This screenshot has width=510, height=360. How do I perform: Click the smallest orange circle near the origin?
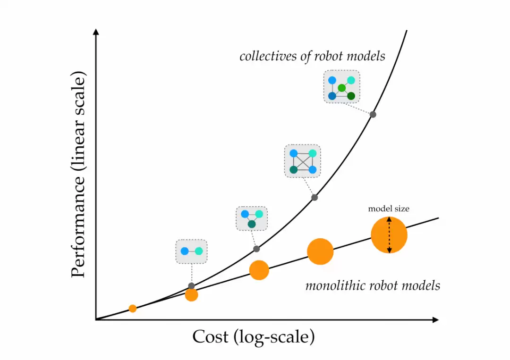[x=133, y=309]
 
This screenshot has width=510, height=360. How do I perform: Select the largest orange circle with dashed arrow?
[x=389, y=235]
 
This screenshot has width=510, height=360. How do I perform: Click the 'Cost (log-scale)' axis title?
[x=253, y=337]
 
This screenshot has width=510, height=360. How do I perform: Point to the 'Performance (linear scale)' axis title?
[x=80, y=175]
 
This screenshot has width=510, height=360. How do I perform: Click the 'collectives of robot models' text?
[x=312, y=57]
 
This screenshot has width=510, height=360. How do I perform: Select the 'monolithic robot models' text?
[x=373, y=285]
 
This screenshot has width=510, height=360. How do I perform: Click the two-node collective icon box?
[x=191, y=251]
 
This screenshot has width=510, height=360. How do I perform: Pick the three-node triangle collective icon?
[x=252, y=218]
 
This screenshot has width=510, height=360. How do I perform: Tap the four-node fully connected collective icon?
[x=302, y=161]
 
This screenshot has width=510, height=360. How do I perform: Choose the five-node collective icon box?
[x=341, y=87]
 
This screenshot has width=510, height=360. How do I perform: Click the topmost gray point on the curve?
[x=373, y=114]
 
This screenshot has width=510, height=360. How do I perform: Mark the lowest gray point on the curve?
[x=191, y=286]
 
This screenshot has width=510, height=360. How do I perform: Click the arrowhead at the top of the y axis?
[x=96, y=32]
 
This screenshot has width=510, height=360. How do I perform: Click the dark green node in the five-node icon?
[x=351, y=96]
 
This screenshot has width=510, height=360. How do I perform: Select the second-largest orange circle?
[x=320, y=251]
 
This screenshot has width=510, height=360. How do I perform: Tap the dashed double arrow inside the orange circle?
[x=389, y=235]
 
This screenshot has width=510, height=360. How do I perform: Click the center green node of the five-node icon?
[x=342, y=88]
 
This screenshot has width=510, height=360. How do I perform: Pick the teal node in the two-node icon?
[x=198, y=251]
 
